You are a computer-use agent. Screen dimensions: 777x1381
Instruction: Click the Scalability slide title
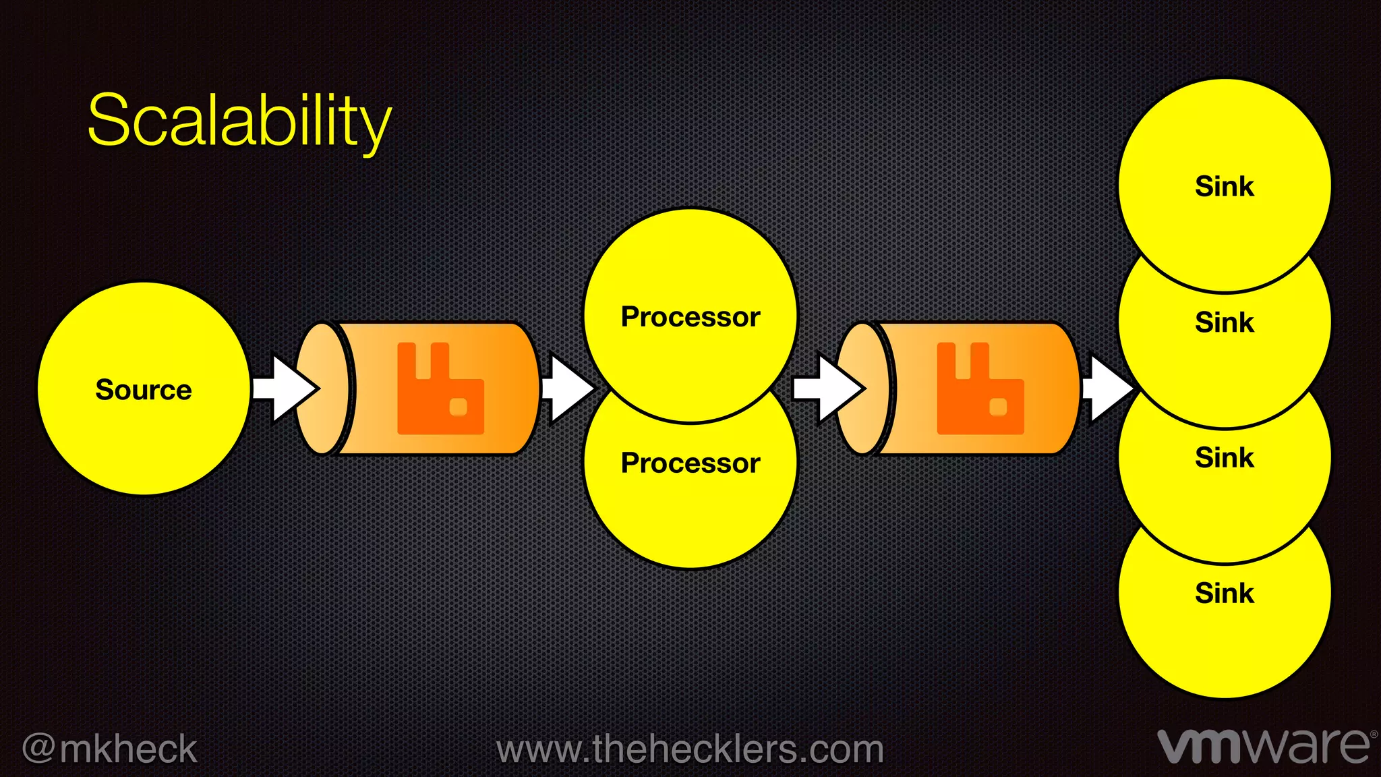[239, 121]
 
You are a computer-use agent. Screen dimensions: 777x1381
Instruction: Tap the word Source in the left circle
[144, 390]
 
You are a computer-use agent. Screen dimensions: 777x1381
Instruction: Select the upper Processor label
[690, 316]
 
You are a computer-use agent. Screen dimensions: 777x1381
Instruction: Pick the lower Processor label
[690, 463]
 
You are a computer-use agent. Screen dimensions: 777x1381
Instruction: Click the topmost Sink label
[1225, 186]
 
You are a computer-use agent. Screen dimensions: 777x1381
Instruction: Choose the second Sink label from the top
[1225, 322]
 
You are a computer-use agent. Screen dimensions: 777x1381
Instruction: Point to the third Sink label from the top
[1225, 458]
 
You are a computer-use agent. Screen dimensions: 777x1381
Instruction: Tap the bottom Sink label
[1225, 594]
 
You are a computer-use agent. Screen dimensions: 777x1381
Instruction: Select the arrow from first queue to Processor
[566, 388]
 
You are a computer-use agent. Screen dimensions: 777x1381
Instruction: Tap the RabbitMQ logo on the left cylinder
[440, 390]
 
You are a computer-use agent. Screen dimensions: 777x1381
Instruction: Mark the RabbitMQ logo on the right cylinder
[980, 390]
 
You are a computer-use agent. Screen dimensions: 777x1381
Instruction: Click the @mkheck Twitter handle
[110, 749]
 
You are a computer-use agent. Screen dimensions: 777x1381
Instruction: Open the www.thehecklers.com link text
[690, 749]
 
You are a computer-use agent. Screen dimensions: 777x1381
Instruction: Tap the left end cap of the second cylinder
[863, 388]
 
